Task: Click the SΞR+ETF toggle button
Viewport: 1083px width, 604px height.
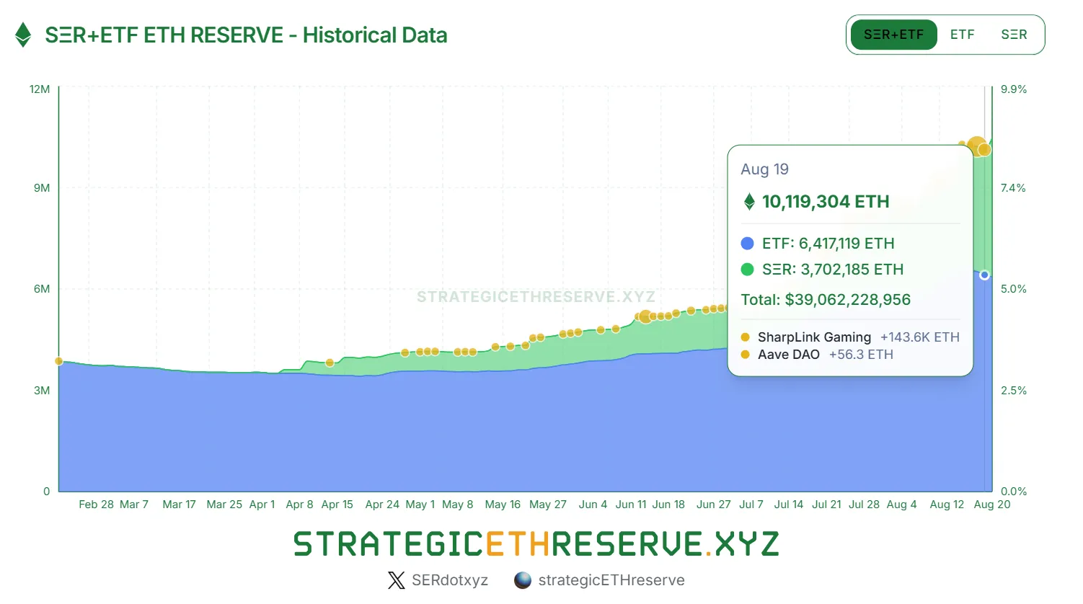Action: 893,35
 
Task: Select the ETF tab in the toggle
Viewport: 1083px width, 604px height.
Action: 962,35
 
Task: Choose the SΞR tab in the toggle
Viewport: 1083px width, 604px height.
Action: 1014,35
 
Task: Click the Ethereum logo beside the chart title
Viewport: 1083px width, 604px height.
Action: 23,35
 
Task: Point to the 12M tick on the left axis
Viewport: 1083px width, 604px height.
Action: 40,89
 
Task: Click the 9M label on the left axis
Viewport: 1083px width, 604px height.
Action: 42,188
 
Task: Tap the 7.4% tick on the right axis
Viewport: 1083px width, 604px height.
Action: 1013,188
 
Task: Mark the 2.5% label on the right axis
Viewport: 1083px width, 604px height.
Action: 1013,391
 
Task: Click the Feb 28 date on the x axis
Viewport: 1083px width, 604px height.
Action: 96,505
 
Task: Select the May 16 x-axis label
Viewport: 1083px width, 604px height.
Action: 503,505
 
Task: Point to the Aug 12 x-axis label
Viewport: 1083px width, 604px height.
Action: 947,505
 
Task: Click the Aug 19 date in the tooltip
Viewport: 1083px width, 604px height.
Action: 764,169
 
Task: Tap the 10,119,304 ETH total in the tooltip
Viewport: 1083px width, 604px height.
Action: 826,202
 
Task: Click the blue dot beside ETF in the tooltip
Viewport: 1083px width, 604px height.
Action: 747,244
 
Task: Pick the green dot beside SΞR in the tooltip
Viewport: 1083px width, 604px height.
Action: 747,270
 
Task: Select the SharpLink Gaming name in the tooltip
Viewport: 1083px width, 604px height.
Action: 814,337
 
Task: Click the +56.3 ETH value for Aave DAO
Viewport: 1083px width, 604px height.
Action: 861,355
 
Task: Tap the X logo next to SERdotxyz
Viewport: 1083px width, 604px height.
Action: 397,580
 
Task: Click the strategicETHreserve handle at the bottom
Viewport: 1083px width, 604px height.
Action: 611,580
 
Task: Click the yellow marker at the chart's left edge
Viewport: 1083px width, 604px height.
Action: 59,361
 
